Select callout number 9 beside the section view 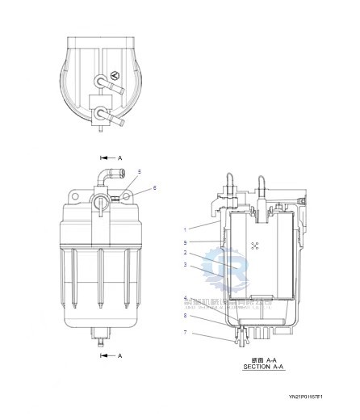pyautogui.click(x=185, y=241)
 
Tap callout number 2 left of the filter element pyautogui.click(x=185, y=253)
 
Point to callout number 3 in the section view pyautogui.click(x=185, y=264)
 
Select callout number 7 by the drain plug pyautogui.click(x=185, y=331)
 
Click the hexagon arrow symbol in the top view pyautogui.click(x=115, y=76)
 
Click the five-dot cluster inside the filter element pyautogui.click(x=255, y=246)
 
